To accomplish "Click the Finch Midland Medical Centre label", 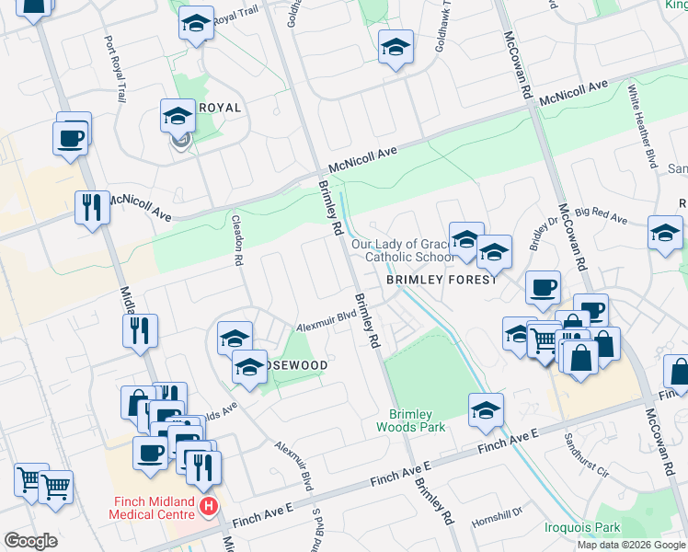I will [x=152, y=507].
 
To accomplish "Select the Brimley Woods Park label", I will [x=417, y=420].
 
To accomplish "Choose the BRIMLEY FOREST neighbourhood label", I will [x=441, y=280].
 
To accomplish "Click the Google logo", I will [x=30, y=541].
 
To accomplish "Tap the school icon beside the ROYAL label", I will [x=178, y=116].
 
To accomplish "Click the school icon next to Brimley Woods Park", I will [x=486, y=410].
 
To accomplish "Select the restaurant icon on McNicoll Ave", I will [x=92, y=207].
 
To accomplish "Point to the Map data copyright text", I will [x=629, y=544].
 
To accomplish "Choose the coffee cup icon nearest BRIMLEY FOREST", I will [x=544, y=286].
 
